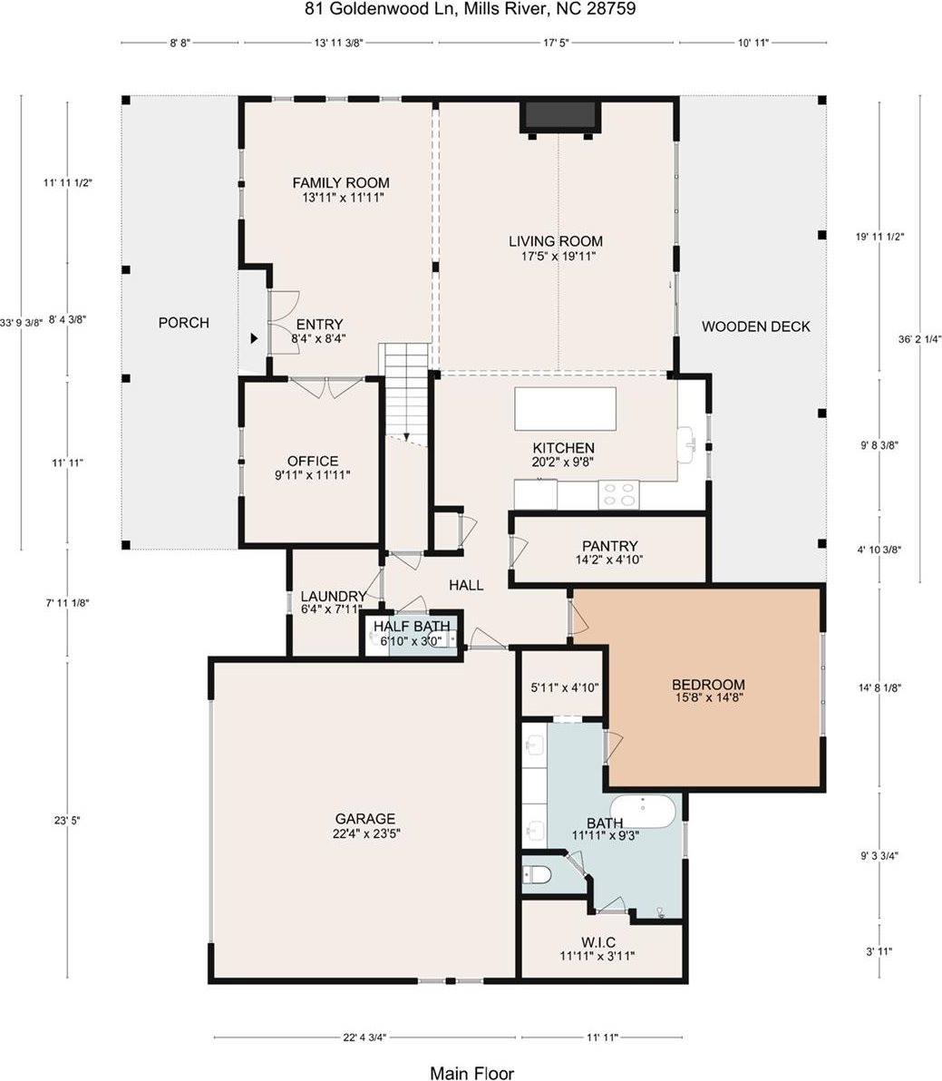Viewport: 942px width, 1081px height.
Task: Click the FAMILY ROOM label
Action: coord(341,183)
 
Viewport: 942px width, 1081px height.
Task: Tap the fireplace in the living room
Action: coord(558,116)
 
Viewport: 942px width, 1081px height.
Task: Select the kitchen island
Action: coord(565,409)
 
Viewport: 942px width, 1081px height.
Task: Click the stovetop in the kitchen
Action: coord(618,495)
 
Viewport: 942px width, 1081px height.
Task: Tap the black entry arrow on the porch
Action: coord(255,338)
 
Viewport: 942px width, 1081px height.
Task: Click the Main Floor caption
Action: coord(471,1073)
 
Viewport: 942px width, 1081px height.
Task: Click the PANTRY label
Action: coord(610,546)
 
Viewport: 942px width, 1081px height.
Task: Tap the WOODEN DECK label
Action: coord(755,326)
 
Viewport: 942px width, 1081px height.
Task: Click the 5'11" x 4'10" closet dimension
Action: coord(564,687)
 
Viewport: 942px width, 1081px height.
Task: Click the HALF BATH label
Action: coord(412,627)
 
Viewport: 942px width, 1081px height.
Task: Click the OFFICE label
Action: coord(312,461)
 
